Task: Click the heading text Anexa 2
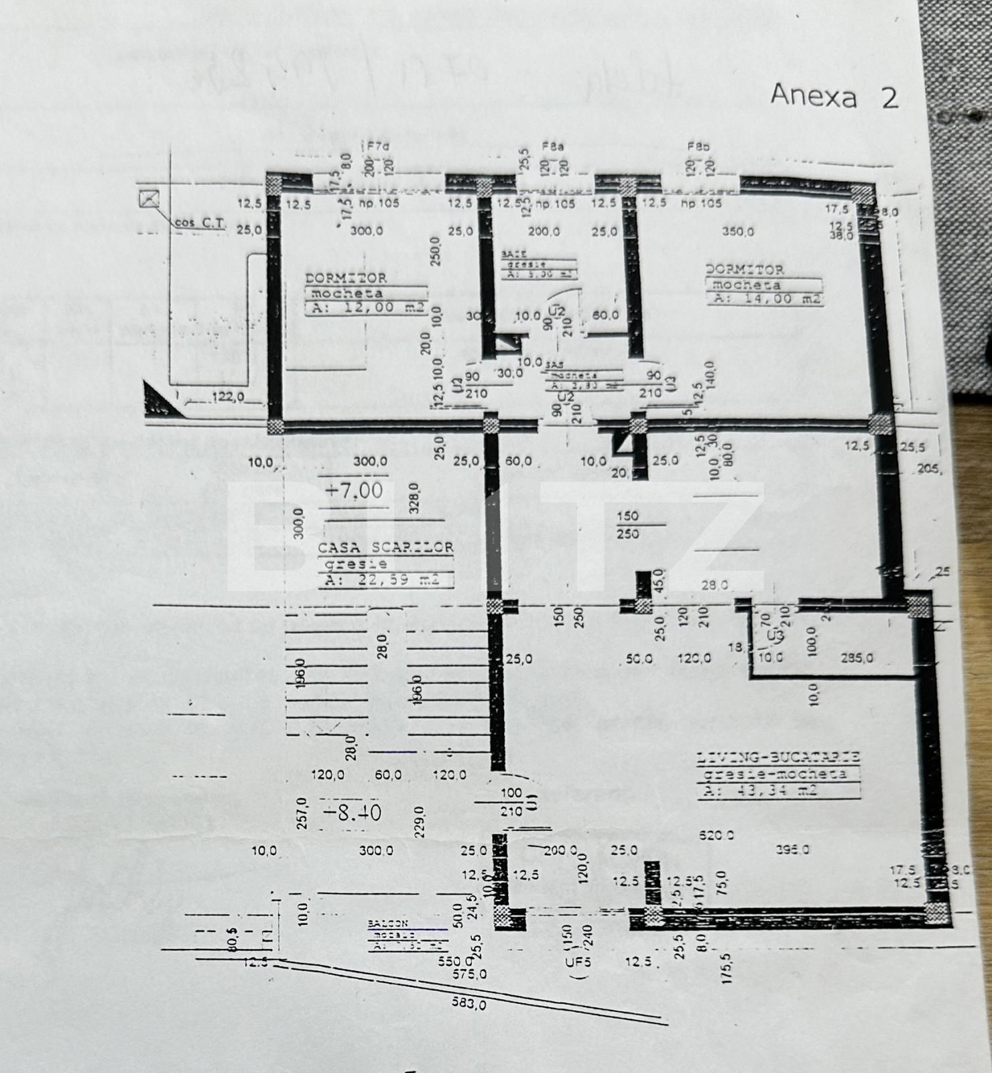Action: [834, 97]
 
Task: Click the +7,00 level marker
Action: [354, 491]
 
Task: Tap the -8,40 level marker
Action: [352, 813]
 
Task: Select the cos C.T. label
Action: [200, 223]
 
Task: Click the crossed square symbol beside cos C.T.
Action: [149, 199]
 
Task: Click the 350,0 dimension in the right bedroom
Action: [737, 231]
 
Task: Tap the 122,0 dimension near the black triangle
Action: [227, 398]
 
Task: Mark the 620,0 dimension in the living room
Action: [716, 836]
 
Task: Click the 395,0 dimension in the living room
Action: [792, 850]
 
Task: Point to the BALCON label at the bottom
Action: [387, 924]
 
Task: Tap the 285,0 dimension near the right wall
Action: [857, 659]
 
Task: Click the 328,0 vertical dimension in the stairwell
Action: [414, 498]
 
